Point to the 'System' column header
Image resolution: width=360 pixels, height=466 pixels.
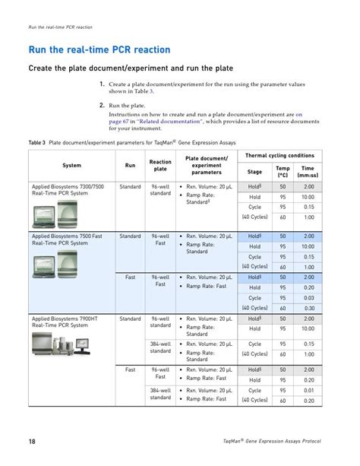(72, 165)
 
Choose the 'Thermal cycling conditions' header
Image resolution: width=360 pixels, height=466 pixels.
(279, 155)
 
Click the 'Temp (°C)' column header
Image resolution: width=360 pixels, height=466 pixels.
(283, 172)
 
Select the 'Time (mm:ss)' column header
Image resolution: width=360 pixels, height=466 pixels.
(308, 172)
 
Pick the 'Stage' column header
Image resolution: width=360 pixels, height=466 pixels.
(254, 172)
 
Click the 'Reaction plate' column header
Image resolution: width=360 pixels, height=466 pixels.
(160, 165)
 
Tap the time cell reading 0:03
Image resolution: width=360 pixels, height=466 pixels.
(308, 298)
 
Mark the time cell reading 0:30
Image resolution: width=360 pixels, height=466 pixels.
(308, 308)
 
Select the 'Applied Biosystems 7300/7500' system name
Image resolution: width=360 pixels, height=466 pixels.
(68, 186)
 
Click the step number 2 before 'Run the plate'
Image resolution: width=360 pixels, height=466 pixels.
(102, 106)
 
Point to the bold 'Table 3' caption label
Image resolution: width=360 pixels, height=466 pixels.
(37, 142)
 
